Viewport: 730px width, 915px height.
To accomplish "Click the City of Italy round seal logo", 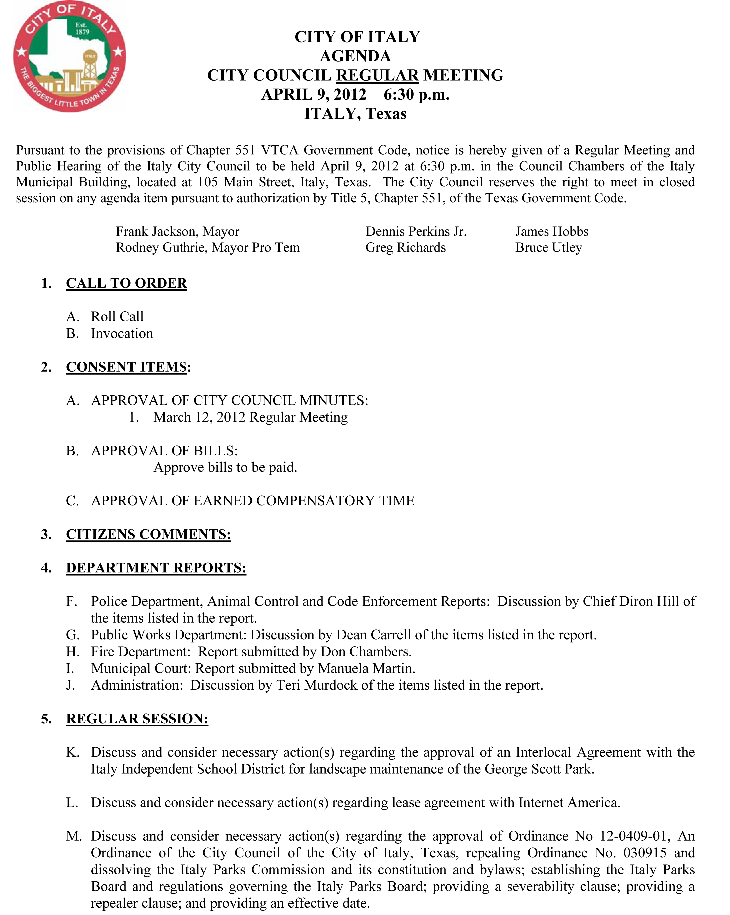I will [70, 56].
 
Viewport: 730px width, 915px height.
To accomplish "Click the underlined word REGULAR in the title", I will [377, 75].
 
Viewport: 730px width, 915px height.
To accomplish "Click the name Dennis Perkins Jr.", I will [416, 231].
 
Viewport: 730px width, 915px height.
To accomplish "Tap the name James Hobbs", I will [551, 231].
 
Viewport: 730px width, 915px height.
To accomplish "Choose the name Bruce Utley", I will [548, 248].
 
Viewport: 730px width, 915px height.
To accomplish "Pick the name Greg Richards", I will [406, 248].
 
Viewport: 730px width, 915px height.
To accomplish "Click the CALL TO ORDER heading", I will [127, 283].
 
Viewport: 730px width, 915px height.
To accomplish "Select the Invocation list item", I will [122, 333].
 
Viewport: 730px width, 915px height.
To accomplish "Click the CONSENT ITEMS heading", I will [127, 367].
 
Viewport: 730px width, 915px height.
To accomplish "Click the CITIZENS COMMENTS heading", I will [149, 534].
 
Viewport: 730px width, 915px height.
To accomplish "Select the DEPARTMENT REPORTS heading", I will [156, 568].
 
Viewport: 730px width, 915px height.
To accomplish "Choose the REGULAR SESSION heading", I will [137, 718].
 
